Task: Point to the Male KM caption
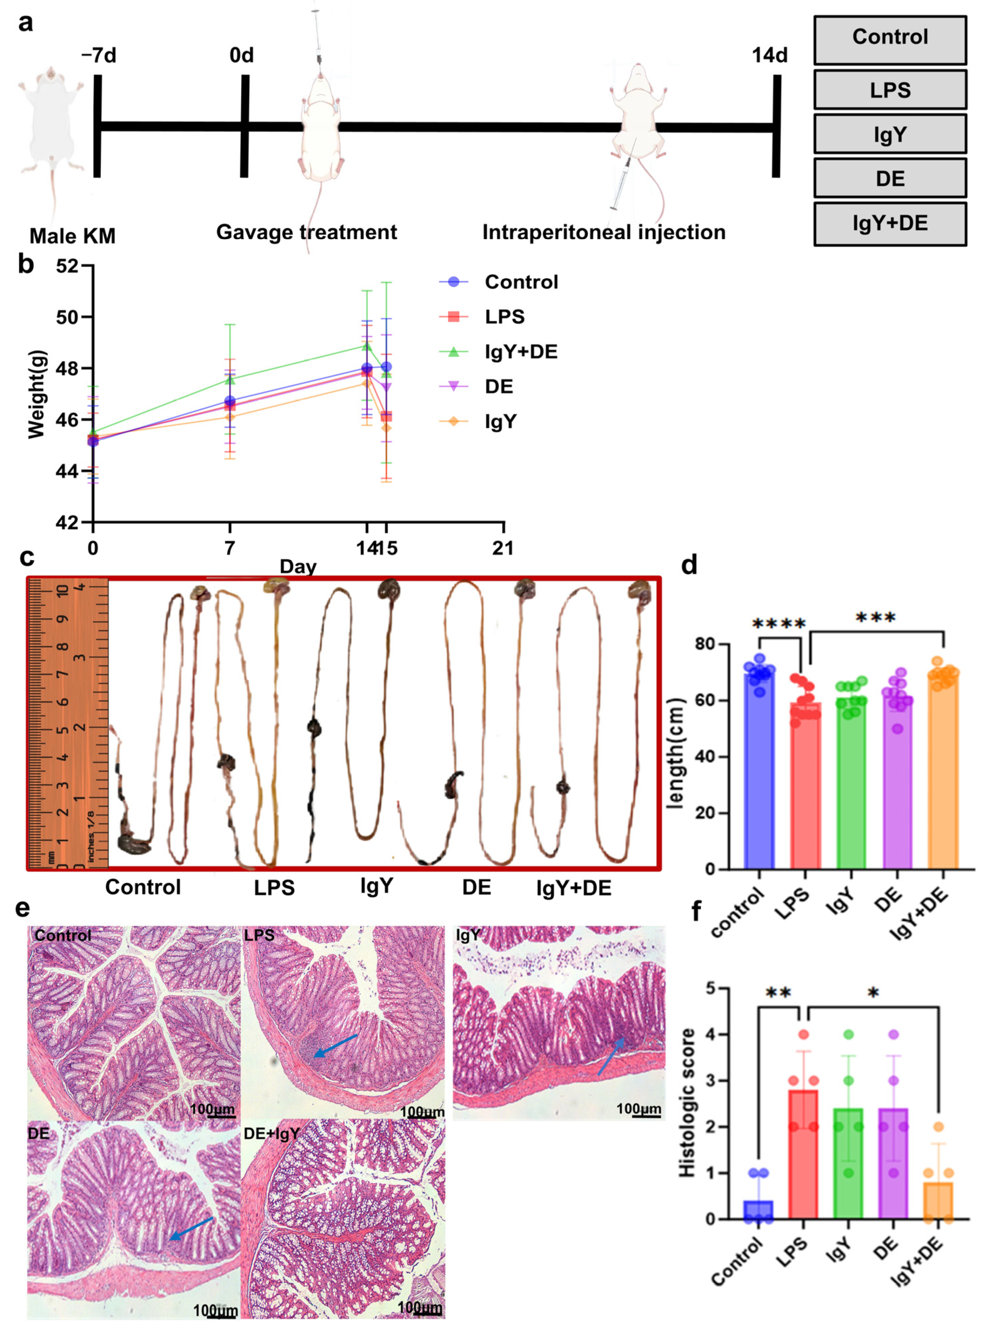point(72,236)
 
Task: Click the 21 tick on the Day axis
point(502,548)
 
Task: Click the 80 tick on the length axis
point(706,644)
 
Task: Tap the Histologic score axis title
point(688,1102)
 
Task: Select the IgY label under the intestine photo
point(376,886)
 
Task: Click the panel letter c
point(26,557)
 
